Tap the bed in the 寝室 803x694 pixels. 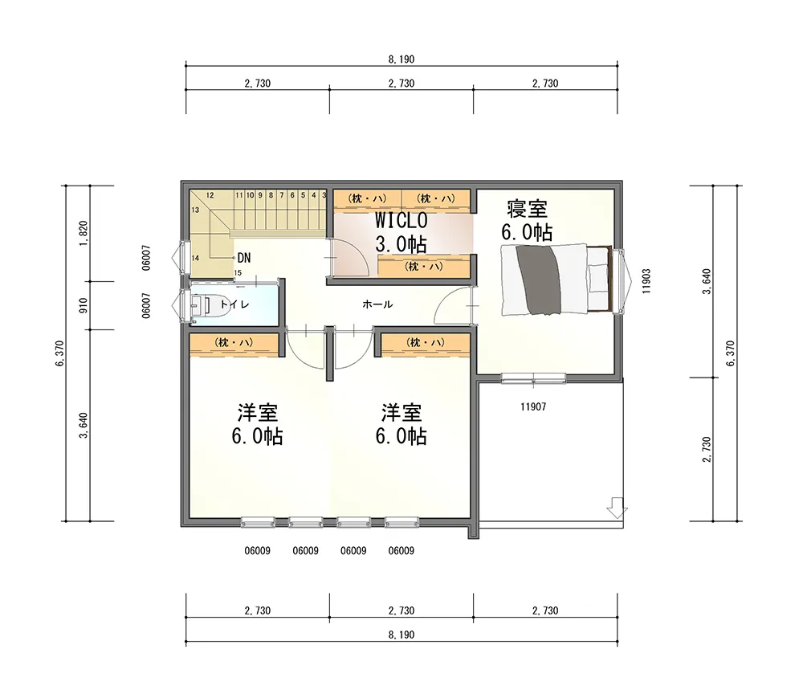(556, 280)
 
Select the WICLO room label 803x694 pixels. (401, 220)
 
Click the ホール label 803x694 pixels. (377, 304)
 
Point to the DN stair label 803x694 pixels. (244, 258)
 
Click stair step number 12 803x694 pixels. (210, 195)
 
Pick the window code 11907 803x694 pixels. (533, 406)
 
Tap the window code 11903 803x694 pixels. (646, 280)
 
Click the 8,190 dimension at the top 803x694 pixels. (401, 59)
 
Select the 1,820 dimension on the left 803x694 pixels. (84, 233)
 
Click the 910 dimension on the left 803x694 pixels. (84, 306)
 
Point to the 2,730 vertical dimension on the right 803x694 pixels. (707, 449)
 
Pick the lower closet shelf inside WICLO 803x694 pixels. (424, 267)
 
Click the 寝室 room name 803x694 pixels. (528, 209)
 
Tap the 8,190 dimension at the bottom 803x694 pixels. (401, 635)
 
